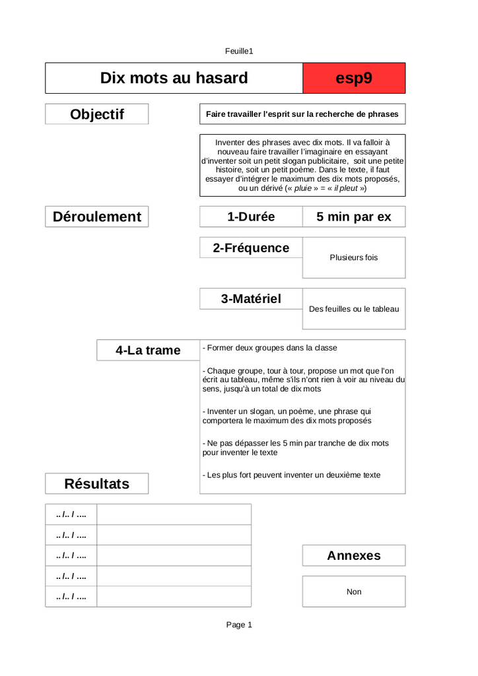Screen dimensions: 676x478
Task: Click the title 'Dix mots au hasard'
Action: pyautogui.click(x=174, y=78)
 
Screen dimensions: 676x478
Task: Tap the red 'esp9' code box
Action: pyautogui.click(x=354, y=78)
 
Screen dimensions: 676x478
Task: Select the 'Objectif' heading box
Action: pyautogui.click(x=96, y=114)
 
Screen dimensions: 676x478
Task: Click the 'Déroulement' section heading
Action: pyautogui.click(x=96, y=217)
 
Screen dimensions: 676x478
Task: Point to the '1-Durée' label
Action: pyautogui.click(x=251, y=217)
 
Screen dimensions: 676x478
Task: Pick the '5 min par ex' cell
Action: pyautogui.click(x=354, y=217)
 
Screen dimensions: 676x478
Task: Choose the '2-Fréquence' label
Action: pyautogui.click(x=251, y=248)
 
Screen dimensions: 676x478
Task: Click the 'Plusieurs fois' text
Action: pyautogui.click(x=354, y=257)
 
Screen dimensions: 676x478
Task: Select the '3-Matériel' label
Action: pyautogui.click(x=251, y=298)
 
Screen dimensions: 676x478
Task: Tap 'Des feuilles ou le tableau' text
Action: pyautogui.click(x=354, y=308)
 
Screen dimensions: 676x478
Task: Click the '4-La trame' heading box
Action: pyautogui.click(x=148, y=350)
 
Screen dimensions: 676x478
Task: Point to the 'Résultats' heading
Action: pyautogui.click(x=96, y=483)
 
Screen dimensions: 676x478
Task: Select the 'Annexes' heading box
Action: pyautogui.click(x=354, y=555)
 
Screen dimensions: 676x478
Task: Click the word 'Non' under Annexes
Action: pyautogui.click(x=354, y=591)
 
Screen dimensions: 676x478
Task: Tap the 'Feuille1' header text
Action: pyautogui.click(x=239, y=51)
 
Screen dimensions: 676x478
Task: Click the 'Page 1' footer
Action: pyautogui.click(x=239, y=625)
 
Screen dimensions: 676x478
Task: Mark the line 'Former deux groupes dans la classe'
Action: pyautogui.click(x=271, y=348)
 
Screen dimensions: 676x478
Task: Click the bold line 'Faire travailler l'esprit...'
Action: pyautogui.click(x=302, y=114)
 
